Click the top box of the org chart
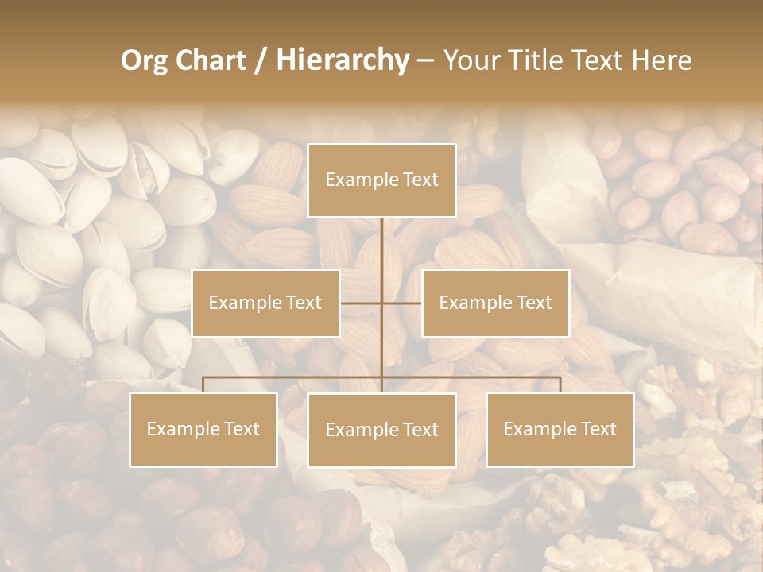(381, 180)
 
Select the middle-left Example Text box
(265, 303)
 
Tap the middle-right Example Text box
(495, 303)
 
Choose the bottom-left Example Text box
(203, 429)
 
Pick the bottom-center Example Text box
(381, 430)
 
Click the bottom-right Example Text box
(560, 429)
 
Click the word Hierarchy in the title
(342, 60)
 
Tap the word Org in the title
(144, 60)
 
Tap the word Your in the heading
(471, 60)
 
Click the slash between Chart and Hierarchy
(261, 61)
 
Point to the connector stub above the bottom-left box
(203, 385)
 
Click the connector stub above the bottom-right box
(560, 385)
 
